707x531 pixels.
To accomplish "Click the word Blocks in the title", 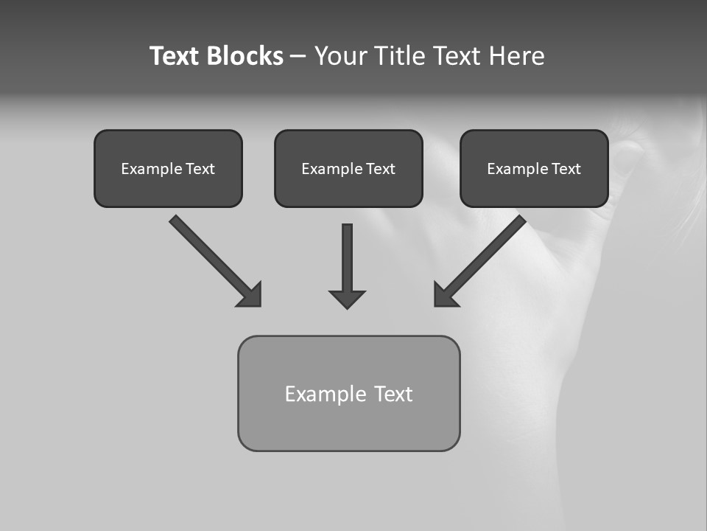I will pos(245,56).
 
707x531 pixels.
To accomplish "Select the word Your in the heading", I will pos(340,56).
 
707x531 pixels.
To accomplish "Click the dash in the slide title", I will pos(298,57).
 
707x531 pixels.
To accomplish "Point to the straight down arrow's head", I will pos(347,299).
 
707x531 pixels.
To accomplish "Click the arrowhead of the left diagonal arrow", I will pos(251,296).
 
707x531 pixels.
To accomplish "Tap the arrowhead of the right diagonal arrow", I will pos(444,296).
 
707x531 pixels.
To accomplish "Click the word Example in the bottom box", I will pos(326,394).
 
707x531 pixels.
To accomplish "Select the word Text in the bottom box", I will pos(393,394).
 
